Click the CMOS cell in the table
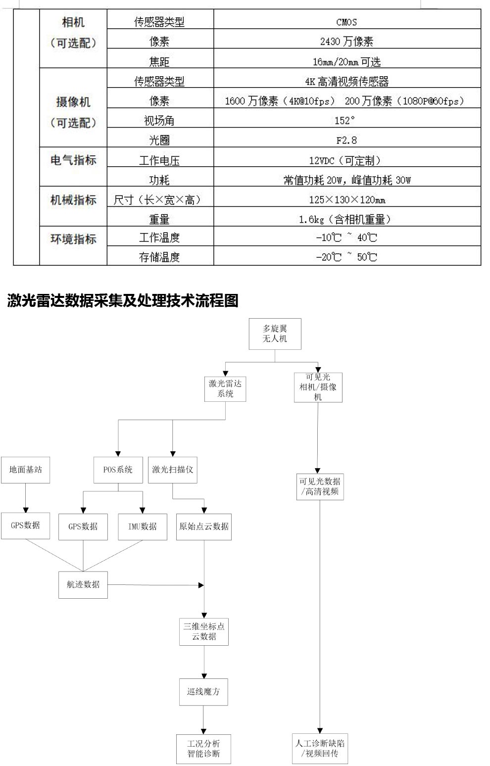coord(346,22)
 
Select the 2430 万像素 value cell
coord(346,42)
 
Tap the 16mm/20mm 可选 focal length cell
coord(346,61)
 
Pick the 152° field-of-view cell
coord(346,120)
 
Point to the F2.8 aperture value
coord(346,140)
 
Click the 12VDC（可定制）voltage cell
coord(346,160)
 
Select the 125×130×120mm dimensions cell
coord(346,200)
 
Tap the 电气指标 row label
coord(73,160)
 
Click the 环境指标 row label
coord(73,239)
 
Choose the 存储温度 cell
coord(159,257)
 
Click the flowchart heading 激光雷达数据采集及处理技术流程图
coord(123,300)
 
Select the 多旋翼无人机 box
coord(275,334)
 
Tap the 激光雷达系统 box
coord(225,388)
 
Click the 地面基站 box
coord(26,469)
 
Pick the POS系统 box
coord(118,469)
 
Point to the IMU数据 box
coord(143,526)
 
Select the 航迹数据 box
coord(83,584)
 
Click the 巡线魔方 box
coord(203,691)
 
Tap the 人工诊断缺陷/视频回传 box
coord(320,748)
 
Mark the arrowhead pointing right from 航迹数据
coord(201,585)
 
